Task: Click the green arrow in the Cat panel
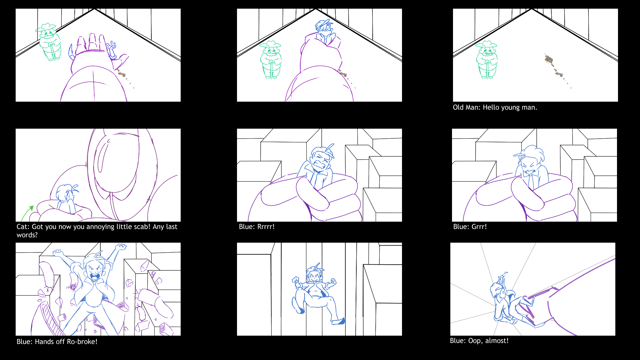tap(27, 213)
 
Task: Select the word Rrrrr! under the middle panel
tap(266, 227)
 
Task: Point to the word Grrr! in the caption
tap(479, 227)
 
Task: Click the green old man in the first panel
tap(49, 42)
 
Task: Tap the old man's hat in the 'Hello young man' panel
tap(486, 44)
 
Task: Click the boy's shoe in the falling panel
tap(338, 322)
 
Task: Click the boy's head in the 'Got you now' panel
tap(66, 193)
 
